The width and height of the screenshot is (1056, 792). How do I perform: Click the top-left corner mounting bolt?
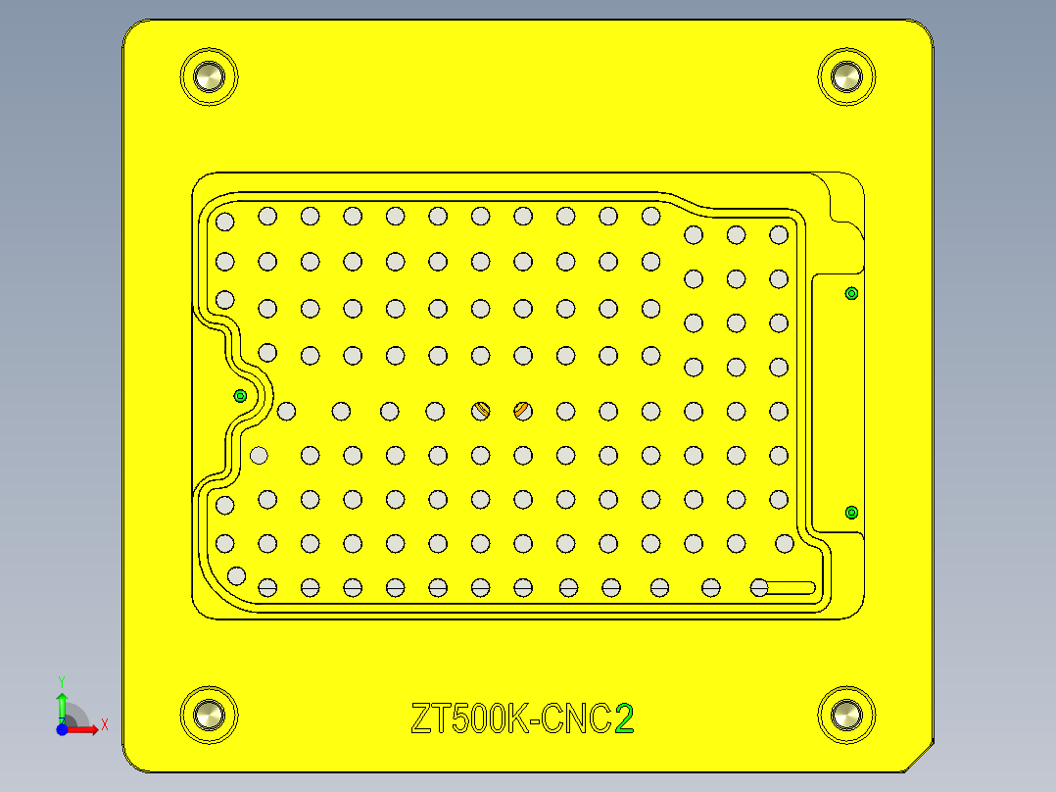209,75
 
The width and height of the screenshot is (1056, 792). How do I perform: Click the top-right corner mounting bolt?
845,75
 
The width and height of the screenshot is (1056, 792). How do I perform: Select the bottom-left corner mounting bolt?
209,715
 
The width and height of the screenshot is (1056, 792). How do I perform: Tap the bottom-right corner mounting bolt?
845,715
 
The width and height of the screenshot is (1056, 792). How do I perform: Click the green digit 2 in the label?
624,719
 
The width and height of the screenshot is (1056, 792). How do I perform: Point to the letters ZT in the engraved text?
432,719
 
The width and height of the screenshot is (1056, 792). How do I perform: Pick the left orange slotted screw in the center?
481,411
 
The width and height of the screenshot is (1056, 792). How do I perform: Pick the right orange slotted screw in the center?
522,410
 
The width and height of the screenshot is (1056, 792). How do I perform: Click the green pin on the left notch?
240,396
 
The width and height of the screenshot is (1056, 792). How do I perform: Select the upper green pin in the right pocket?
851,293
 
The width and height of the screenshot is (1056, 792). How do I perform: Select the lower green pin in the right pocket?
851,512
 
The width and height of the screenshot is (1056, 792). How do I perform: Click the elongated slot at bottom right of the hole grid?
790,587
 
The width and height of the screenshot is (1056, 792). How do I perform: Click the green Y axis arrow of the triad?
62,700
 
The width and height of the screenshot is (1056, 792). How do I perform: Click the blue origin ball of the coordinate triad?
62,730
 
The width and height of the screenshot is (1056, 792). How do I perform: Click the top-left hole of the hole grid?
224,222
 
